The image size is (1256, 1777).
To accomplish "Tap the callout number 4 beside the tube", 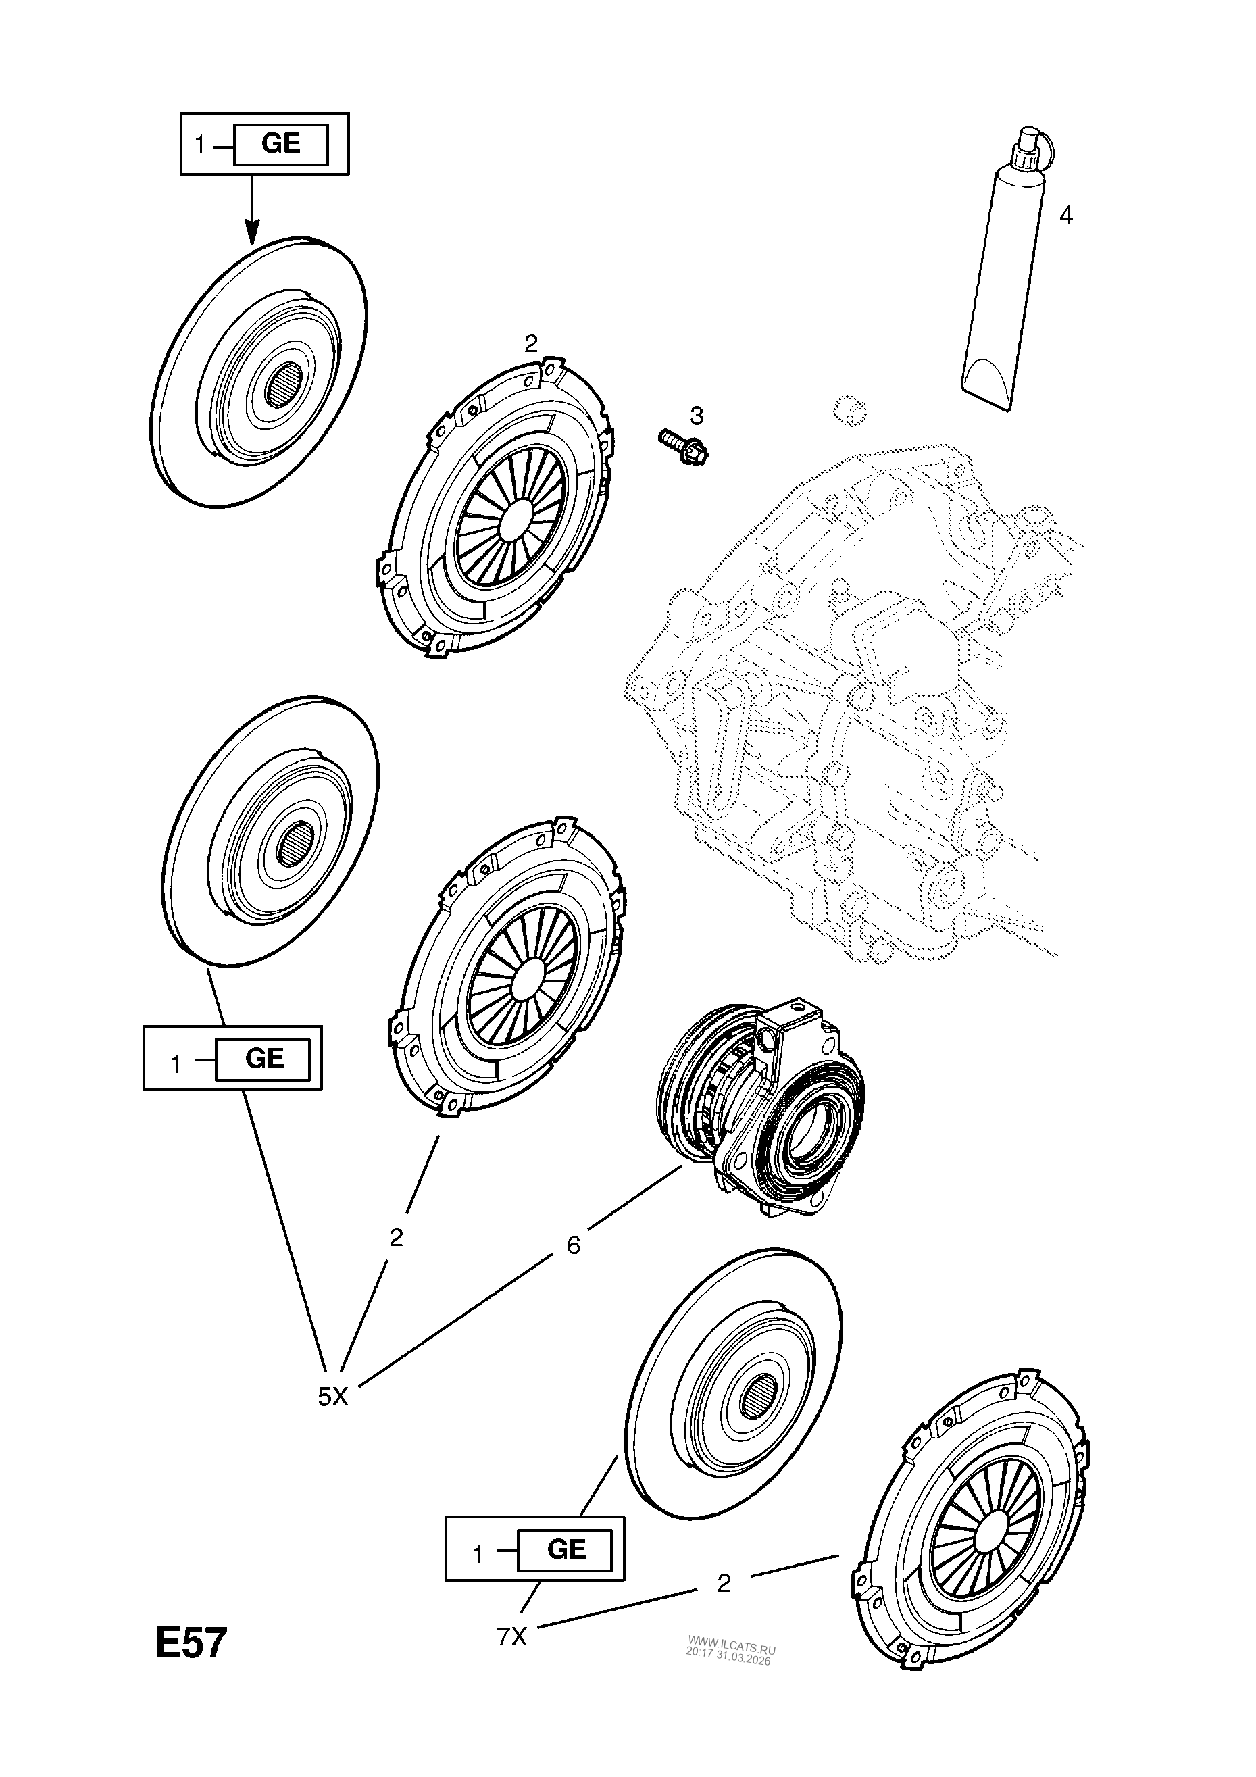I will point(1065,216).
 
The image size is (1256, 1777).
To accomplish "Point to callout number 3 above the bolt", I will point(697,416).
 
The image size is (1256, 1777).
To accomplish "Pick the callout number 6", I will point(574,1245).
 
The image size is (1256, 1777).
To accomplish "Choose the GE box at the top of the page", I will point(281,143).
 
